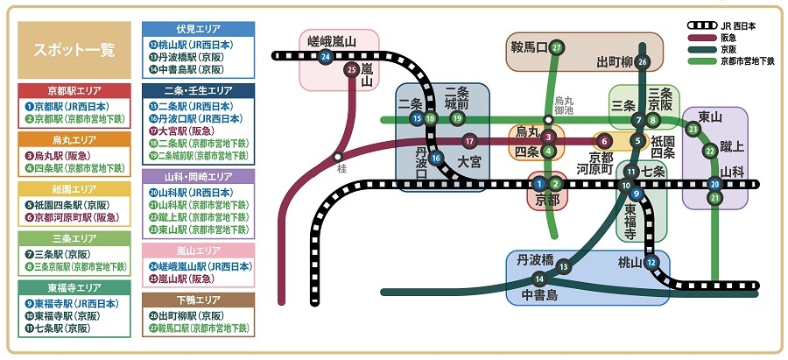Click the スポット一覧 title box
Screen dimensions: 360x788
coord(73,49)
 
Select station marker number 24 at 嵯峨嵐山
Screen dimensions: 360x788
coord(326,57)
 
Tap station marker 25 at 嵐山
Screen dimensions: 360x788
coord(351,70)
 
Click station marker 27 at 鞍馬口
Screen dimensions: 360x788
coord(557,47)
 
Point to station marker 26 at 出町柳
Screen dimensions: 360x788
coord(643,61)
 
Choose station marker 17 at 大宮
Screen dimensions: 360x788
coord(470,140)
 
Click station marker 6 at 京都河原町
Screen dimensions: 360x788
coord(602,140)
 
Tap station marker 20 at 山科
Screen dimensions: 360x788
coord(715,184)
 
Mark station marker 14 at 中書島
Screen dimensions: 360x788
coord(538,279)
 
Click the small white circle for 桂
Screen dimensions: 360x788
coord(337,157)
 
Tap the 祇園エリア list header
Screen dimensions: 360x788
coord(73,189)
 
